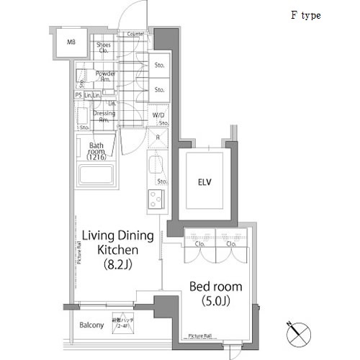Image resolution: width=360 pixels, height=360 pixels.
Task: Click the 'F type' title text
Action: [x=305, y=15]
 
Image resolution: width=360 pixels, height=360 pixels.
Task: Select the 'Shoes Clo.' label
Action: [x=104, y=48]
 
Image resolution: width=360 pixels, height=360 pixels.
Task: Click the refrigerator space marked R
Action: [x=157, y=137]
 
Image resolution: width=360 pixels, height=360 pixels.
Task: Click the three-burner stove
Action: [x=156, y=199]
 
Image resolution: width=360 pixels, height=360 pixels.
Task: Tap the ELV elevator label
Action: [x=206, y=182]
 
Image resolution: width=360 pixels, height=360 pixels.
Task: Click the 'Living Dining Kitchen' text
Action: [x=119, y=243]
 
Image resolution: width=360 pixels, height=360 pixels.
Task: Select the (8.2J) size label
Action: [x=119, y=264]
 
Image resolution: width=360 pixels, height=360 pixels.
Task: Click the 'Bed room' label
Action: [x=216, y=287]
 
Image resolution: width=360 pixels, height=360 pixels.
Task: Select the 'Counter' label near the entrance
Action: [x=135, y=34]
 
